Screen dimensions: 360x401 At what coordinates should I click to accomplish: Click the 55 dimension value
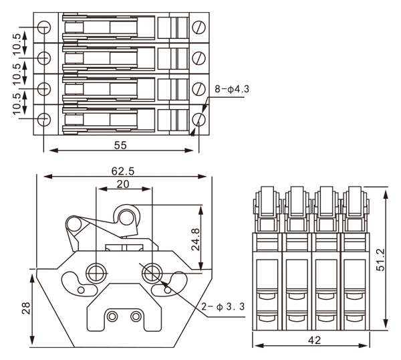(x=120, y=144)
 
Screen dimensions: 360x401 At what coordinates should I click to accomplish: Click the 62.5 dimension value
(x=123, y=171)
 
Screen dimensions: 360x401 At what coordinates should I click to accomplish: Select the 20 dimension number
(x=124, y=184)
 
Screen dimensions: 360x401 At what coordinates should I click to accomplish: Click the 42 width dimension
(x=314, y=340)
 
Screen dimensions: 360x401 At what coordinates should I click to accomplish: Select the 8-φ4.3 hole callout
(x=231, y=88)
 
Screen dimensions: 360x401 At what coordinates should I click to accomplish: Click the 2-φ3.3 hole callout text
(x=223, y=307)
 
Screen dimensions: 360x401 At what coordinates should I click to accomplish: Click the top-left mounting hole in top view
(x=43, y=27)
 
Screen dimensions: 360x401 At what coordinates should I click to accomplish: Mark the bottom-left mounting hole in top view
(x=43, y=120)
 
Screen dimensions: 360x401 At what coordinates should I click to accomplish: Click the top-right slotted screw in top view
(x=199, y=27)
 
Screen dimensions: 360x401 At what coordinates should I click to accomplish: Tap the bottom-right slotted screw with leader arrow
(x=199, y=119)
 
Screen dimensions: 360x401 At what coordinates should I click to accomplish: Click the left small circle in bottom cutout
(x=113, y=315)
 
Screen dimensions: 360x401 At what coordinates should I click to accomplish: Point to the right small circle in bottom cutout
(x=136, y=315)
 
